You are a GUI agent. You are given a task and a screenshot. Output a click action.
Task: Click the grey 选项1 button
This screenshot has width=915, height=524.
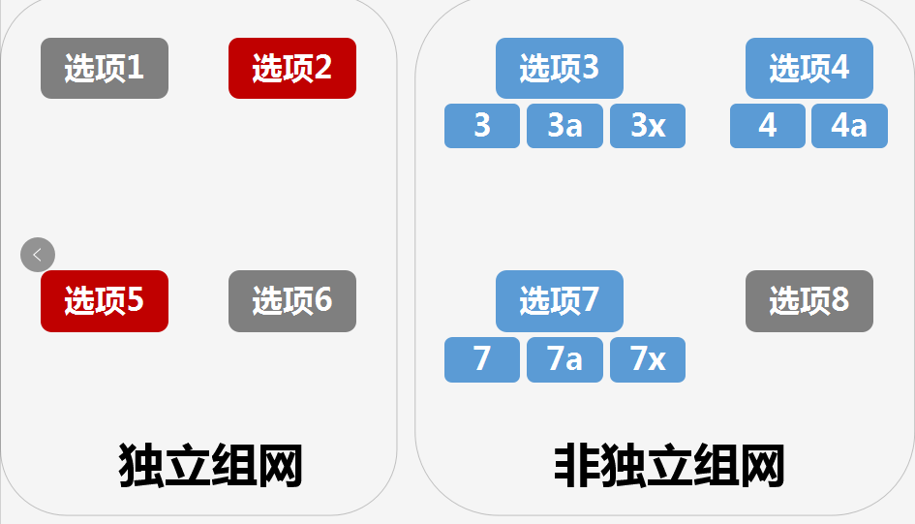105,68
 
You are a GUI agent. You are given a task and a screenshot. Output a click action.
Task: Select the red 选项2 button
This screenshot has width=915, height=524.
292,68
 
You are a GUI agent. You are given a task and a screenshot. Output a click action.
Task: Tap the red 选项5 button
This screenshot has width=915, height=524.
105,300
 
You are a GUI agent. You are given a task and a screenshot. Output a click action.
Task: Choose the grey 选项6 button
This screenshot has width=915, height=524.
292,300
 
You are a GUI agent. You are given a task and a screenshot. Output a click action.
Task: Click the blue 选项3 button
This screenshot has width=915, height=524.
560,68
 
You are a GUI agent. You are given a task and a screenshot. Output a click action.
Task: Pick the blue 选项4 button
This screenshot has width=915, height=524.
809,68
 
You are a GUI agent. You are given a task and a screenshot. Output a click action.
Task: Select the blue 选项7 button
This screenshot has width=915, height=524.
560,300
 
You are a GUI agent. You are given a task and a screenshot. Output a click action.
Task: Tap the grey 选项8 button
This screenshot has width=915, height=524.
809,300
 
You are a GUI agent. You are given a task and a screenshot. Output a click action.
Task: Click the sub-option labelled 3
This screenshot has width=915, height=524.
482,126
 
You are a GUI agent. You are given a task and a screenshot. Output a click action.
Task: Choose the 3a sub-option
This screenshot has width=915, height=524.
564,126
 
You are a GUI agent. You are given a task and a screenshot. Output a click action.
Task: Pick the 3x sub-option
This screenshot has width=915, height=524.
648,126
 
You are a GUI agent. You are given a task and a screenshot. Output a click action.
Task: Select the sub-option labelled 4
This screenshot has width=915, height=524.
768,126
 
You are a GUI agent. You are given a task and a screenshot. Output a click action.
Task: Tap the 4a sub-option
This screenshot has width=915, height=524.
849,126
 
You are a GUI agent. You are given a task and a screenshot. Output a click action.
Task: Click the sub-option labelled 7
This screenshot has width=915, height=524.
482,359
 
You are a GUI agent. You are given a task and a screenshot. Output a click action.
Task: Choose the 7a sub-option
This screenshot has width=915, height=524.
564,359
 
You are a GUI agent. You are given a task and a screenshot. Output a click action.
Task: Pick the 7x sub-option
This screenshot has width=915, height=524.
648,359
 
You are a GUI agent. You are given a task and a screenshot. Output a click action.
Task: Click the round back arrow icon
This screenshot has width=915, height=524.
38,255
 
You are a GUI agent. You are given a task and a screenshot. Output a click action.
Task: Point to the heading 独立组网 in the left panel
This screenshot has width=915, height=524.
210,466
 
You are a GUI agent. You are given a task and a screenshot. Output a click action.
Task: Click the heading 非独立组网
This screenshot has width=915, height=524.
669,466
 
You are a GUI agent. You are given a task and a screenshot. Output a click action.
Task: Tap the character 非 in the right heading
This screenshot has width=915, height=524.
577,466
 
